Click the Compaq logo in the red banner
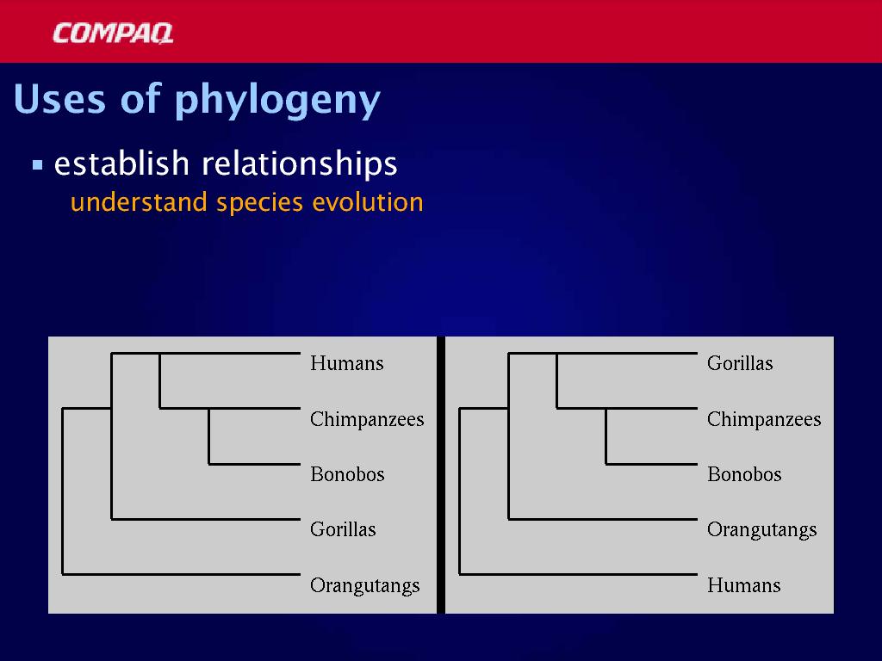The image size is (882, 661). click(113, 34)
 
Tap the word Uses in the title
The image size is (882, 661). click(60, 99)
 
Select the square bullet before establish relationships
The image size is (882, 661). click(38, 165)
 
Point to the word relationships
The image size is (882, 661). click(299, 164)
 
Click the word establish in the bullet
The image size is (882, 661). click(121, 164)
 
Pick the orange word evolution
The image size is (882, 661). click(367, 202)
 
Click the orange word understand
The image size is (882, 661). click(139, 202)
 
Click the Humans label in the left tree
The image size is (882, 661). click(346, 363)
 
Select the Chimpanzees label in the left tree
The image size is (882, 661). click(367, 419)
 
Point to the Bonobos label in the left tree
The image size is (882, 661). click(347, 474)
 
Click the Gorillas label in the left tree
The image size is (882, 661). click(343, 529)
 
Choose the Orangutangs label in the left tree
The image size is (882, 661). click(365, 585)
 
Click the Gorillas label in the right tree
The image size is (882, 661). click(740, 363)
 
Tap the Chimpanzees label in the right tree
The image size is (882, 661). click(764, 419)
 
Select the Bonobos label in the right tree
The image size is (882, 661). click(744, 474)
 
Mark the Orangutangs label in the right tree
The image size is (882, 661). click(761, 530)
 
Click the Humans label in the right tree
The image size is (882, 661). click(743, 585)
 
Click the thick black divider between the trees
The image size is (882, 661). click(441, 475)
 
